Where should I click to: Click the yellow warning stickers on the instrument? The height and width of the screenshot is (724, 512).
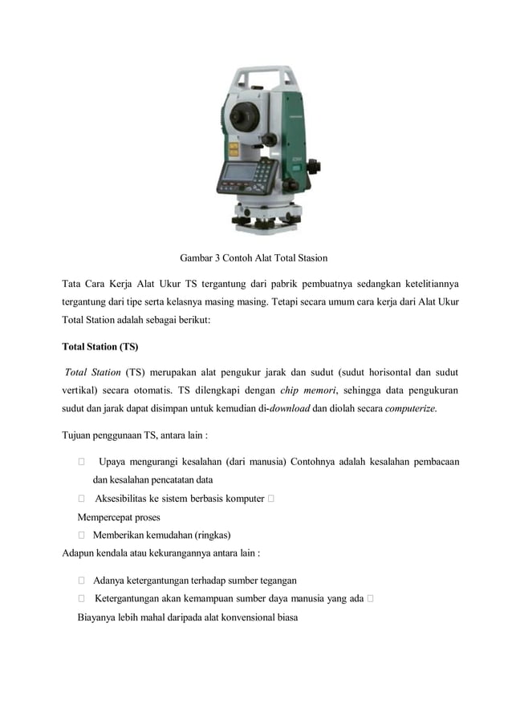234,149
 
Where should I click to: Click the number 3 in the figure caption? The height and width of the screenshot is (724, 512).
217,258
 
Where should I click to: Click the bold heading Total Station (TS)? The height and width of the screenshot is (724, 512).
100,347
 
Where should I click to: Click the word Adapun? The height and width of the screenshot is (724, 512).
80,552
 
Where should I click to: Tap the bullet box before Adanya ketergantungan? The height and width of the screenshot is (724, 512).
82,580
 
